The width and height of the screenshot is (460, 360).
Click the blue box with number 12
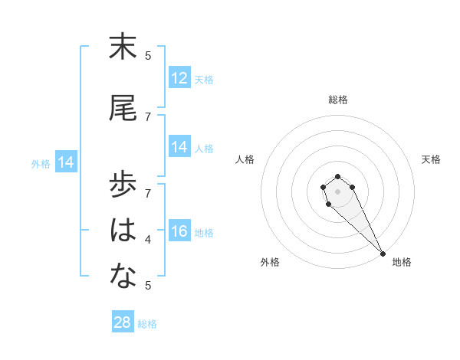pos(179,78)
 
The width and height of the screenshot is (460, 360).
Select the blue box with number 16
pos(179,232)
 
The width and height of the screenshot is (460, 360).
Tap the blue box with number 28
pos(123,322)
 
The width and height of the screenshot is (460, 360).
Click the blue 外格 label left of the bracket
pos(41,163)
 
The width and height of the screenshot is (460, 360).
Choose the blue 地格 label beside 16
pos(204,233)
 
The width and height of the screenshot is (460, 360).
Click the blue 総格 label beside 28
pos(147,324)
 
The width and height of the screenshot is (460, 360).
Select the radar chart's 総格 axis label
pos(338,100)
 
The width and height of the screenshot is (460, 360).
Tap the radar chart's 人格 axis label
pos(245,159)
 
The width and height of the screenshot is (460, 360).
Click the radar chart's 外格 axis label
pos(270,262)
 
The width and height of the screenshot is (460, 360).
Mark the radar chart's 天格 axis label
pos(432,159)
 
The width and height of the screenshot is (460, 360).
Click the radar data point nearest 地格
pos(383,253)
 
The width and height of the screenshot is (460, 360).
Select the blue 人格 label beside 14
pos(204,149)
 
